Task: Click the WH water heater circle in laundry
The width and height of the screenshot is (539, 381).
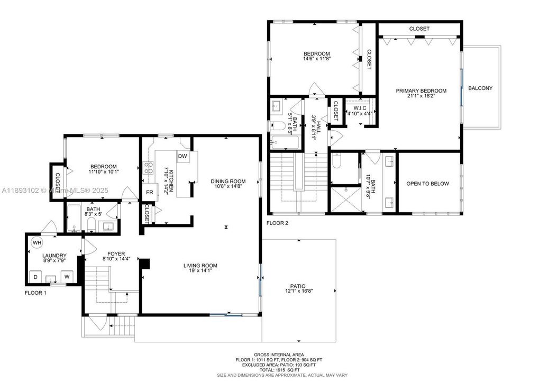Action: tap(36, 243)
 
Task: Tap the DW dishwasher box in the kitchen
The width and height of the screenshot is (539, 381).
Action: tap(182, 156)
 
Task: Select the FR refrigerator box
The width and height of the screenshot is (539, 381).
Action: tap(149, 192)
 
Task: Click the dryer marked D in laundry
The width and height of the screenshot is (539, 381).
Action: tap(36, 277)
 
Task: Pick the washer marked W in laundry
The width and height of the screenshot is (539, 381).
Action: tap(67, 277)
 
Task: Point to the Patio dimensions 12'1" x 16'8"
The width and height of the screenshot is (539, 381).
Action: tap(299, 291)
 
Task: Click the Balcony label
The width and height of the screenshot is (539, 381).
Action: tap(480, 88)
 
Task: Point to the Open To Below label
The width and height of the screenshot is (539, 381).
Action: tap(427, 184)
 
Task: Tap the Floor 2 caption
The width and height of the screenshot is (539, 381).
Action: tap(278, 223)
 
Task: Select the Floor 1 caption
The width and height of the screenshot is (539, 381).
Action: tap(35, 293)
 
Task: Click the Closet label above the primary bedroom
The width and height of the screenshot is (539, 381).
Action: tap(419, 29)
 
